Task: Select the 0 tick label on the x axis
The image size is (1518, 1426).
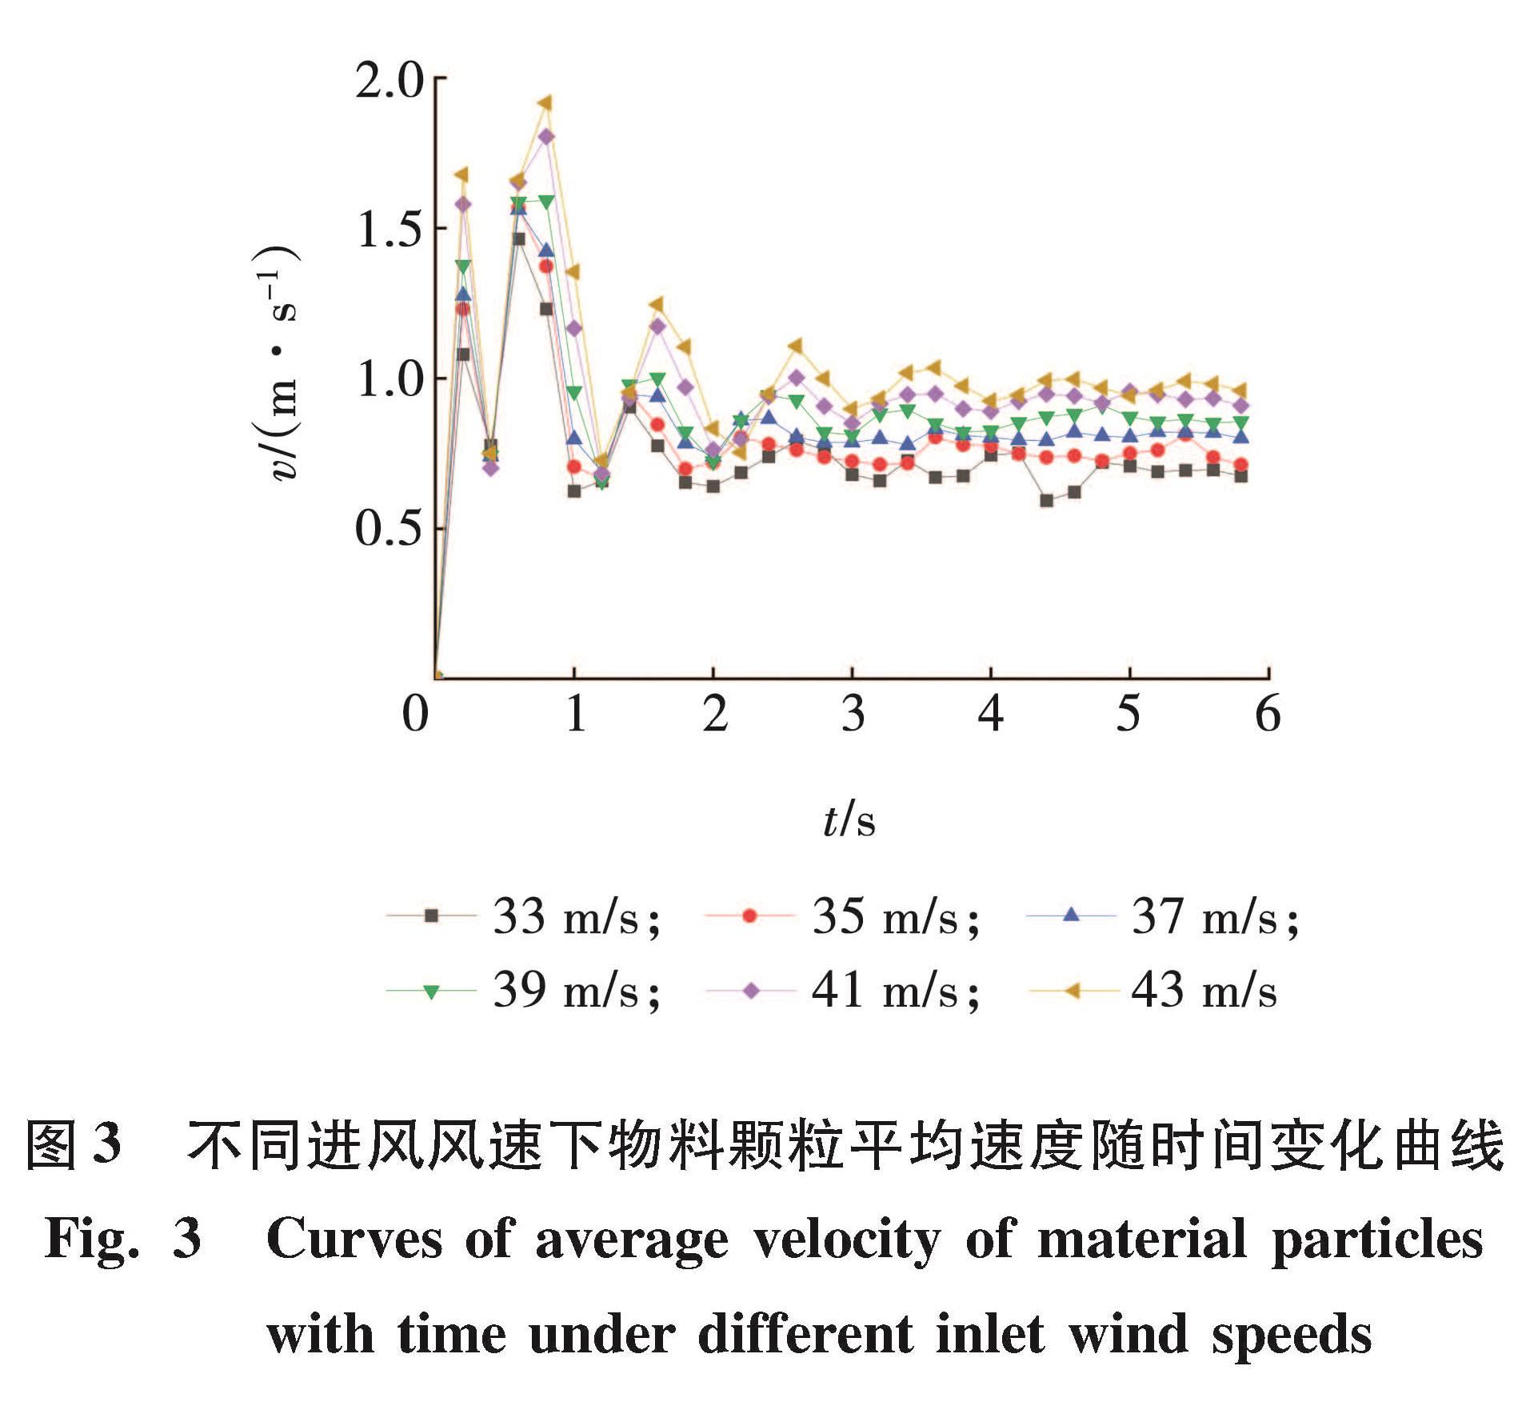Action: (x=416, y=714)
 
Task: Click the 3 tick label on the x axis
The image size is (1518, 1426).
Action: (x=853, y=714)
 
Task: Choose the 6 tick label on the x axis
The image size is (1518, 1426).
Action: (x=1268, y=714)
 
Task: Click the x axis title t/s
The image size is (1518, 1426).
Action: (x=849, y=821)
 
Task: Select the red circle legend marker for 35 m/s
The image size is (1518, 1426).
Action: (x=749, y=915)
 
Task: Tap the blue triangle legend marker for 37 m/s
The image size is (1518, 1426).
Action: (x=1072, y=915)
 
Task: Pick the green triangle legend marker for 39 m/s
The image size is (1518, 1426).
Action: (x=431, y=992)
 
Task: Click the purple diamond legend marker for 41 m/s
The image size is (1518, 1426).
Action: (x=751, y=991)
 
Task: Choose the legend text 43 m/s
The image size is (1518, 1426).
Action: (x=1204, y=991)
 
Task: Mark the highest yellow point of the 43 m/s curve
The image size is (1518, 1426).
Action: (x=545, y=103)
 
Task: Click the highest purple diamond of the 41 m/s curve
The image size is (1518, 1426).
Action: (x=546, y=137)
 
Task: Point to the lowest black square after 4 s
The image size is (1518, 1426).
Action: (x=1046, y=501)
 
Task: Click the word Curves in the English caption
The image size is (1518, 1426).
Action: (x=354, y=1240)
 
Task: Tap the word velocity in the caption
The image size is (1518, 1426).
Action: (x=847, y=1240)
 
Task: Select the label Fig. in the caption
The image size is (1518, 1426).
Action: (x=93, y=1240)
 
